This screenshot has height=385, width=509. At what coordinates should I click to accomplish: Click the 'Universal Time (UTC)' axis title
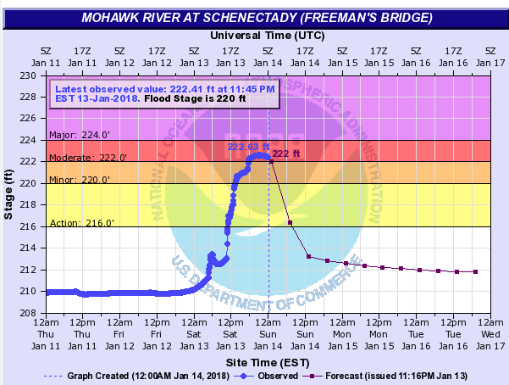click(x=267, y=36)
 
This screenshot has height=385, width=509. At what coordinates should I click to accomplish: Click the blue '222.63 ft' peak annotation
click(x=246, y=147)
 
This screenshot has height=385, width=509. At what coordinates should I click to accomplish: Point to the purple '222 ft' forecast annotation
click(x=285, y=153)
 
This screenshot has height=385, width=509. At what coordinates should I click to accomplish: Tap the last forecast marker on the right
click(x=475, y=271)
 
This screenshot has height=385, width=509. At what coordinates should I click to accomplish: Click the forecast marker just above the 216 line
click(x=290, y=222)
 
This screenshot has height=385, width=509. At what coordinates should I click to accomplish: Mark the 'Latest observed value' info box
click(x=164, y=93)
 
